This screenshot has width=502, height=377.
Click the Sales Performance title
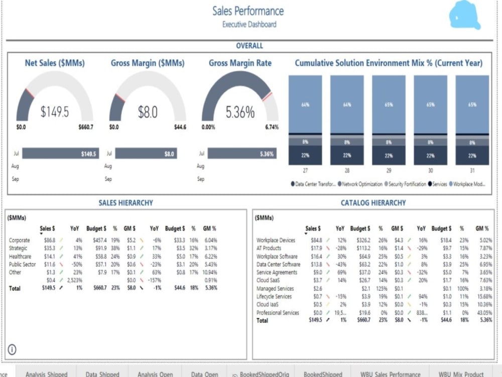pos(248,11)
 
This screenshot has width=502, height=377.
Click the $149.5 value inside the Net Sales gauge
pos(54,112)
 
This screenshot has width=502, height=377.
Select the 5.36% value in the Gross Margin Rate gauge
pos(240,113)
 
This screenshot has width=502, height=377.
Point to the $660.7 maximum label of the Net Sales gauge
pos(86,128)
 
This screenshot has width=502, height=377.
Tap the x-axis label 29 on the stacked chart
pos(389,171)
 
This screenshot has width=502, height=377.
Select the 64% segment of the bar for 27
pos(305,105)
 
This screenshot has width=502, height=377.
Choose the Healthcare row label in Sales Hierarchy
pos(20,256)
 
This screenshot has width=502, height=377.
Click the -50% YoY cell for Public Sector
pos(76,264)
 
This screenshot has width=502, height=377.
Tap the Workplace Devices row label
pos(276,240)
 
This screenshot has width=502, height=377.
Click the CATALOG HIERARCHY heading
pos(373,203)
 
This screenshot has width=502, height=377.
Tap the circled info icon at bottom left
pos(13,349)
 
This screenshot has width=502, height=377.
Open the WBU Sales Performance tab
pos(390,374)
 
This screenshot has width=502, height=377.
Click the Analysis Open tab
pos(155,374)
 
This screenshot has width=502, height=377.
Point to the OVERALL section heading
pos(249,46)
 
